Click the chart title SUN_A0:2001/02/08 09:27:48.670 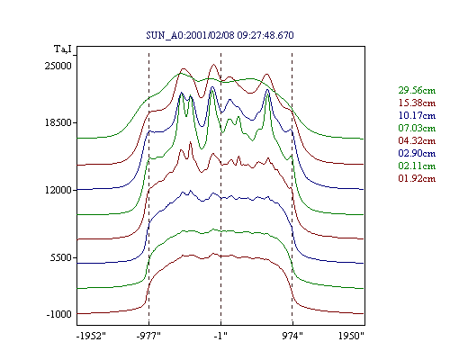pyautogui.click(x=220, y=35)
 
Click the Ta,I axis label pyautogui.click(x=63, y=49)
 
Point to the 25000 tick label pyautogui.click(x=58, y=66)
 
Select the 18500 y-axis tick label pyautogui.click(x=58, y=122)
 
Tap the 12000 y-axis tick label pyautogui.click(x=58, y=190)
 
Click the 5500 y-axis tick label pyautogui.click(x=61, y=257)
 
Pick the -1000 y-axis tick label pyautogui.click(x=58, y=314)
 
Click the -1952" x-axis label pyautogui.click(x=92, y=336)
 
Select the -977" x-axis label pyautogui.click(x=148, y=336)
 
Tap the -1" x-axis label pyautogui.click(x=220, y=336)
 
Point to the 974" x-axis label pyautogui.click(x=292, y=336)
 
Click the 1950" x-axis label pyautogui.click(x=351, y=336)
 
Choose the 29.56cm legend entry pyautogui.click(x=417, y=90)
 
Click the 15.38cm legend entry pyautogui.click(x=417, y=103)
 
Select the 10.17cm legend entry pyautogui.click(x=417, y=115)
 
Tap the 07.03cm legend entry pyautogui.click(x=417, y=128)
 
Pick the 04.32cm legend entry pyautogui.click(x=417, y=140)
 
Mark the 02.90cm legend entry pyautogui.click(x=417, y=153)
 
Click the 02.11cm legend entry pyautogui.click(x=417, y=166)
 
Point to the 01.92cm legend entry pyautogui.click(x=417, y=178)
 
